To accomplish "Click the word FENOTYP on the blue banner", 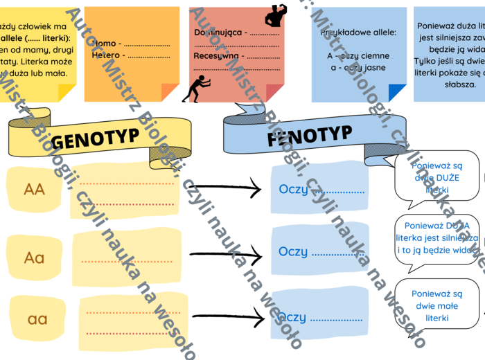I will (x=309, y=136).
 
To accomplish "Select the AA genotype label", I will (x=34, y=189).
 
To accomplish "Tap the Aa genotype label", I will (x=34, y=258).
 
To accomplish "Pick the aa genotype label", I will (x=37, y=319).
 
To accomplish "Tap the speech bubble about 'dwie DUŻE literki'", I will (x=436, y=177).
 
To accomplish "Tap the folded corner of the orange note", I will (x=170, y=92).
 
